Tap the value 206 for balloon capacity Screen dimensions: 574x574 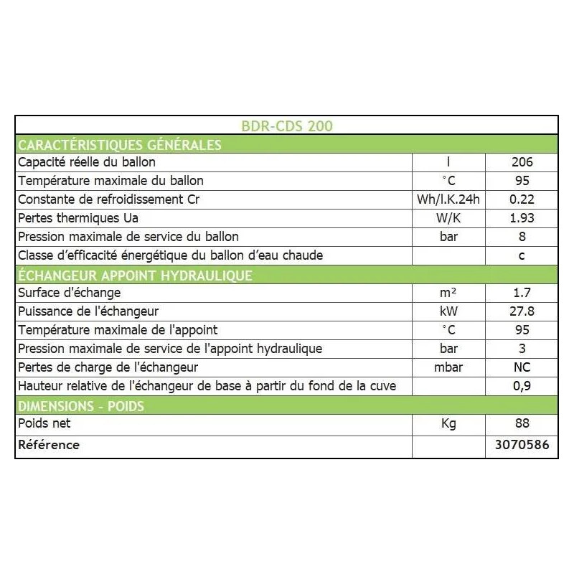pos(522,162)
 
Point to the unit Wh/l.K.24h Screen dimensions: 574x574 pos(448,199)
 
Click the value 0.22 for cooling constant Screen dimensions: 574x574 pos(522,199)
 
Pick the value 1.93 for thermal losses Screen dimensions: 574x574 pos(522,218)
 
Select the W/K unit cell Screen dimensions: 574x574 pos(448,218)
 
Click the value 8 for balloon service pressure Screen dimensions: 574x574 pos(522,237)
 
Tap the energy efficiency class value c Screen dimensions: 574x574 pos(522,255)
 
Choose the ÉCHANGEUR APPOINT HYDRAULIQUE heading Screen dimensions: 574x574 pos(135,275)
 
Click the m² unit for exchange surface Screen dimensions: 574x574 pos(448,293)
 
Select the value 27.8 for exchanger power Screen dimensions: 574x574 pos(522,311)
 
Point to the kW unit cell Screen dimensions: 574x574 pos(448,311)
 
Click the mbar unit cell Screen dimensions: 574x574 pos(448,367)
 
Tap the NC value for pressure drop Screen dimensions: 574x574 pos(522,367)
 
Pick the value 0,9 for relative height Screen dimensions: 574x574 pos(522,386)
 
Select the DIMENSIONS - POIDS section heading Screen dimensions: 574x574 pos(80,405)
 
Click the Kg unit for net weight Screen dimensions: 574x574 pos(448,423)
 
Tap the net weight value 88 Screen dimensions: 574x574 pos(522,423)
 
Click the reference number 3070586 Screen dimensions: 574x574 pos(522,445)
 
